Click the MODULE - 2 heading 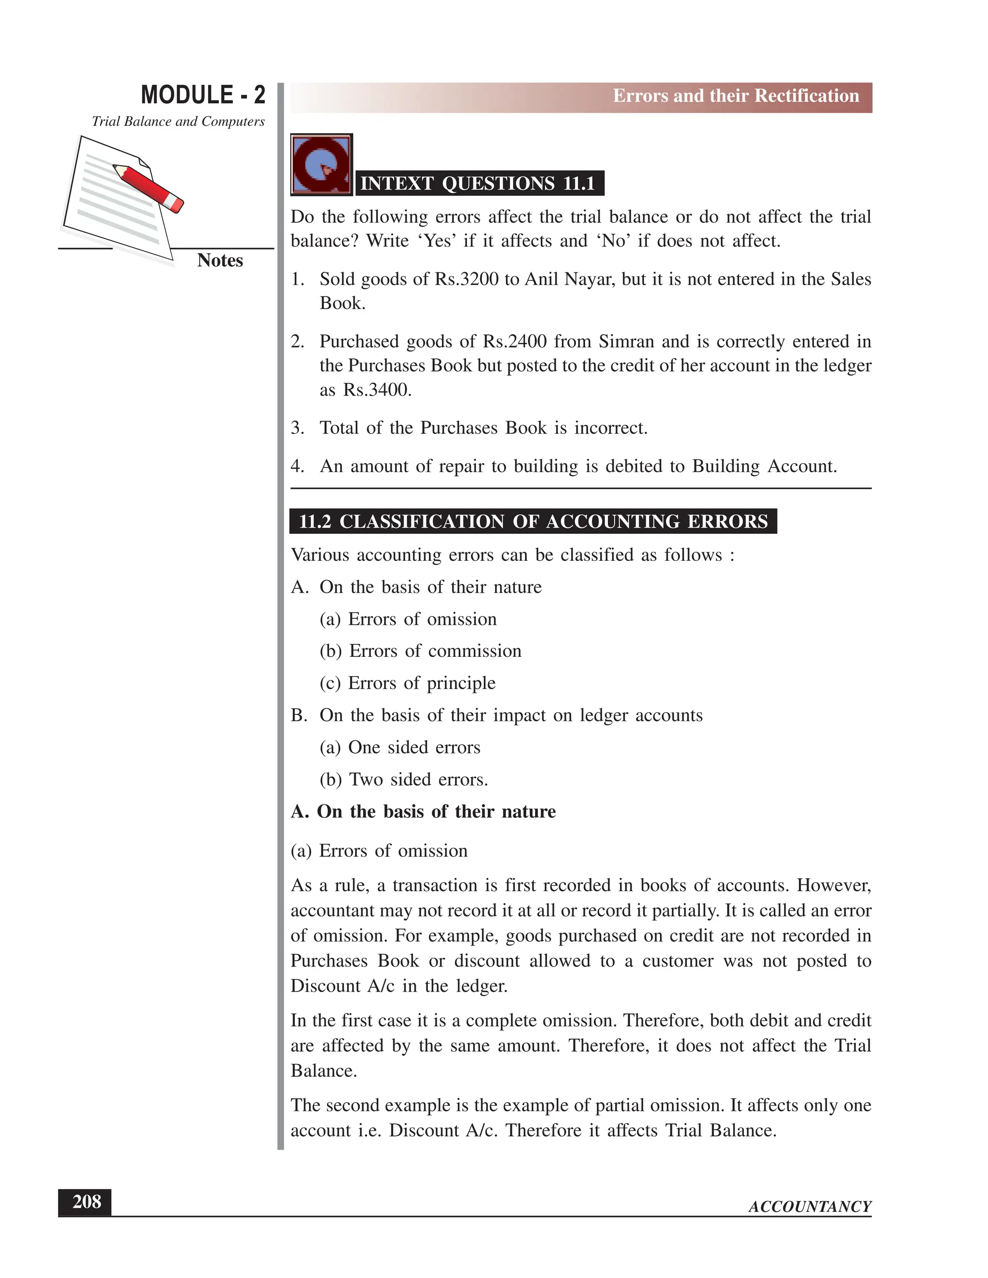(203, 95)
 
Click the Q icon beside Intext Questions (321, 164)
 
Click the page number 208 (85, 1201)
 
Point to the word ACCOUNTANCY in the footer (810, 1207)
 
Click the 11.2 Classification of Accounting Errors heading (533, 521)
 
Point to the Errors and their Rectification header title (735, 96)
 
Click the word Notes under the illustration (220, 260)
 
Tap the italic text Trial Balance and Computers (178, 122)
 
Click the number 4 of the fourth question (297, 466)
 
